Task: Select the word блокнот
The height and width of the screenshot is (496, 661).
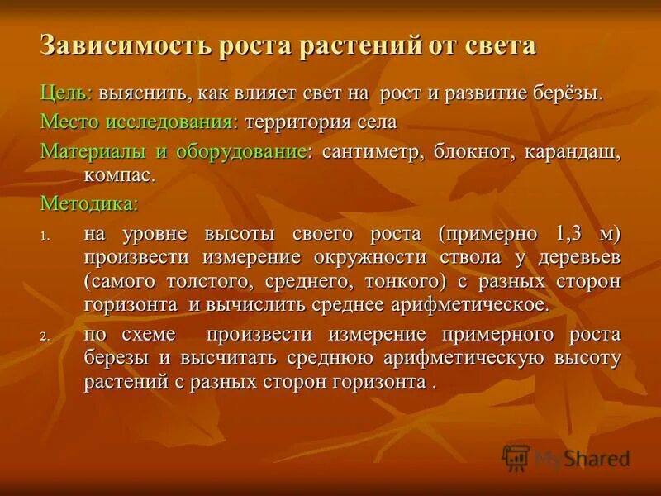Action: [468, 152]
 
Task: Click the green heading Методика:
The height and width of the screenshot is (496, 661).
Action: [89, 203]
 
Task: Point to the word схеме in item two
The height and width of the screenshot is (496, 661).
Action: [155, 335]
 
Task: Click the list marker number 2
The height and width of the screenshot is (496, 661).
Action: [45, 336]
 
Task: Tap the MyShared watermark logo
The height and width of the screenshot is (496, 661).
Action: [566, 457]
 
